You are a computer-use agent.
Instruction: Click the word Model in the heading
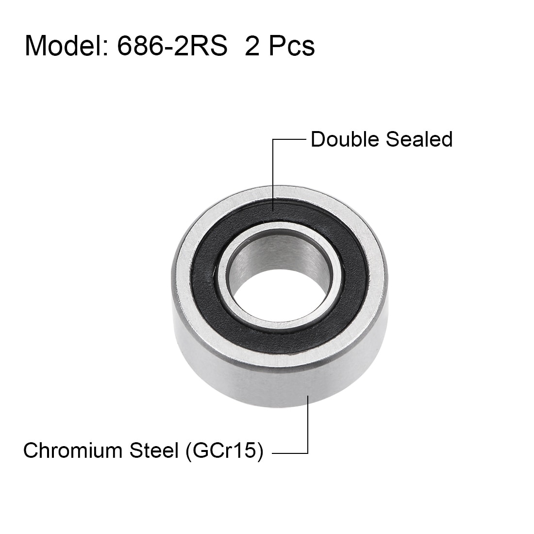point(64,46)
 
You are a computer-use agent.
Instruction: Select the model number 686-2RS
point(172,46)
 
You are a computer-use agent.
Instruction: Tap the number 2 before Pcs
point(252,46)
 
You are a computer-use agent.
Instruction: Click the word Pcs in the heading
point(292,46)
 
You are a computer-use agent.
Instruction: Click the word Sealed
point(419,139)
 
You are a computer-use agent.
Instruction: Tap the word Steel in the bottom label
point(154,451)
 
